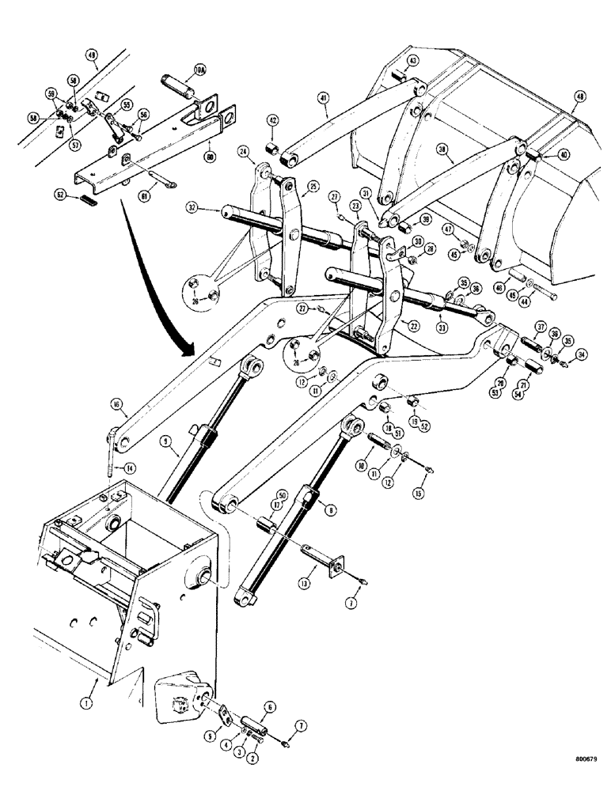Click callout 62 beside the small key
(59, 192)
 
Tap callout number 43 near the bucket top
(413, 62)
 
